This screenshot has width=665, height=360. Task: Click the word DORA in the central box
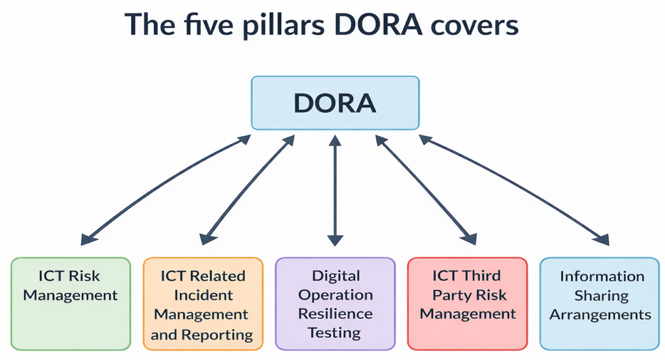point(334,103)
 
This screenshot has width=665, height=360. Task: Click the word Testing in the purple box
point(335,333)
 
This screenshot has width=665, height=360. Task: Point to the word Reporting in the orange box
point(220,335)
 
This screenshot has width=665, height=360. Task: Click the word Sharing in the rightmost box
point(601,296)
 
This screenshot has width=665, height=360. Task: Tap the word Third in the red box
point(478,276)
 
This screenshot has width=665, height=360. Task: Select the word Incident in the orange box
point(203,296)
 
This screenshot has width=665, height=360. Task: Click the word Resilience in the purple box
point(335,315)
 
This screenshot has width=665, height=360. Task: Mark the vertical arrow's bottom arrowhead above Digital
point(334,240)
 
